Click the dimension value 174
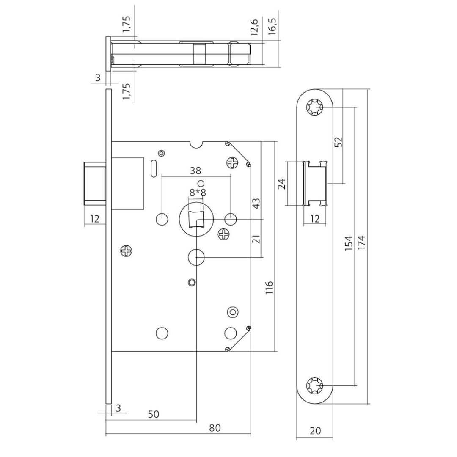coord(361,242)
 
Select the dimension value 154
coord(349,243)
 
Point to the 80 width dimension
coord(215,428)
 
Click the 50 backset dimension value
coord(153,414)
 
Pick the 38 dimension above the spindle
coord(195,171)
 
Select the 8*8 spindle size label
coord(198,193)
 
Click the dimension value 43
coord(256,204)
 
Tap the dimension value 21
coord(256,239)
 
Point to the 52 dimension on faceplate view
coord(338,142)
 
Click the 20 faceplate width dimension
coord(315,430)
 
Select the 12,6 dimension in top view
coord(254,27)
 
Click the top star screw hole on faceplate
coord(314,107)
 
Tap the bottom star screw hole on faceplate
coord(314,385)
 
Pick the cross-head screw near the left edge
coord(127,251)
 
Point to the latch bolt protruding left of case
coord(95,183)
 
